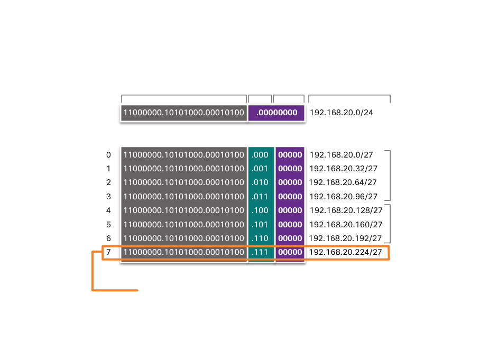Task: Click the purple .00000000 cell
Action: click(x=276, y=113)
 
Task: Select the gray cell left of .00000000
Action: click(x=184, y=113)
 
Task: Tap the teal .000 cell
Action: click(x=261, y=155)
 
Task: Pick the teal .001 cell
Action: click(x=261, y=169)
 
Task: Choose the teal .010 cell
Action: click(x=261, y=182)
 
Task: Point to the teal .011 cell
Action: click(x=261, y=197)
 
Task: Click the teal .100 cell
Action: click(x=261, y=210)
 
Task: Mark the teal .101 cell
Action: click(x=261, y=224)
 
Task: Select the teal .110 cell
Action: click(x=261, y=238)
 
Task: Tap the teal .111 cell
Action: click(x=261, y=252)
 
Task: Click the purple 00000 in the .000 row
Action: click(x=290, y=155)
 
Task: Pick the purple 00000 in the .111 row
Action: click(x=290, y=252)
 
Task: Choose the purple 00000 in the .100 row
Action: click(x=290, y=210)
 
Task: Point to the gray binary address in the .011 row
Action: click(x=184, y=197)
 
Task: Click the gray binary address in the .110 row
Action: click(x=184, y=238)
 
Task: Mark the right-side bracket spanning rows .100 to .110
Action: click(x=390, y=223)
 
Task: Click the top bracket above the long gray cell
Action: click(x=184, y=96)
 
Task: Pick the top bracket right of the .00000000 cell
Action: click(x=349, y=96)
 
